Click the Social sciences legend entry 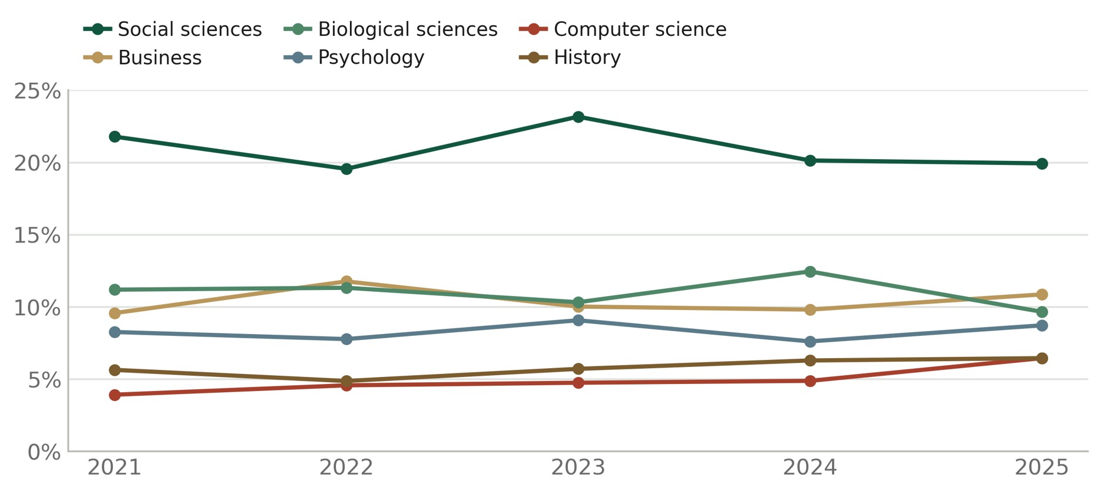click(x=173, y=29)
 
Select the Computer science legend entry click(x=623, y=29)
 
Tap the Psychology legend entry click(x=354, y=58)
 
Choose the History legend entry click(x=570, y=58)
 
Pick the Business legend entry click(x=143, y=58)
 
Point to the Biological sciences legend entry click(x=390, y=29)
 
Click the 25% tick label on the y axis click(x=38, y=92)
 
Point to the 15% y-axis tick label click(x=38, y=236)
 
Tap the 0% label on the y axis click(x=44, y=453)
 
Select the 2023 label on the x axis click(x=578, y=468)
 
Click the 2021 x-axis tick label click(x=115, y=468)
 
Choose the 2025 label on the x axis click(x=1042, y=468)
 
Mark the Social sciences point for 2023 click(x=578, y=117)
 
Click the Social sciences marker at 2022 click(x=346, y=169)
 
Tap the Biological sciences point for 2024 click(x=810, y=272)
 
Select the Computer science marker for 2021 click(x=115, y=395)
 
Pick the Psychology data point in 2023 click(x=578, y=321)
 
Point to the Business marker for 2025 click(x=1042, y=295)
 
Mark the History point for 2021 click(x=115, y=370)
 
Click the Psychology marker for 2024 click(x=810, y=342)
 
